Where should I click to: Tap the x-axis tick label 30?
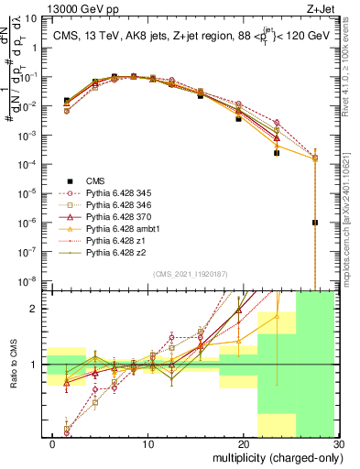click(339, 444)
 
